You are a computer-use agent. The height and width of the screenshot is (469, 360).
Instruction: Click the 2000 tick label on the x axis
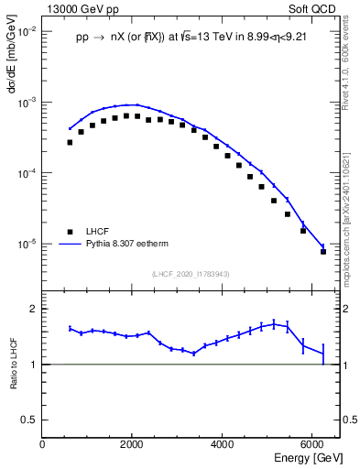[132, 444]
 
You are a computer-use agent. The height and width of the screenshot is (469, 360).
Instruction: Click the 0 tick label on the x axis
[43, 444]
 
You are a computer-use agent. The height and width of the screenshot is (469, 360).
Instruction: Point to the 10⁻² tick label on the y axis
[27, 31]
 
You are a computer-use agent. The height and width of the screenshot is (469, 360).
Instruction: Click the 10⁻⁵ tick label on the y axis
[27, 245]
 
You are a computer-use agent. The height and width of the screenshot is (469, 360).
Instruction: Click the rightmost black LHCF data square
[322, 251]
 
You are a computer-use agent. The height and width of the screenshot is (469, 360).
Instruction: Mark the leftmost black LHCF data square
[70, 142]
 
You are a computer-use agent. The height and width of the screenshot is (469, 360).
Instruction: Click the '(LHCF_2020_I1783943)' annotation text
[191, 274]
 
